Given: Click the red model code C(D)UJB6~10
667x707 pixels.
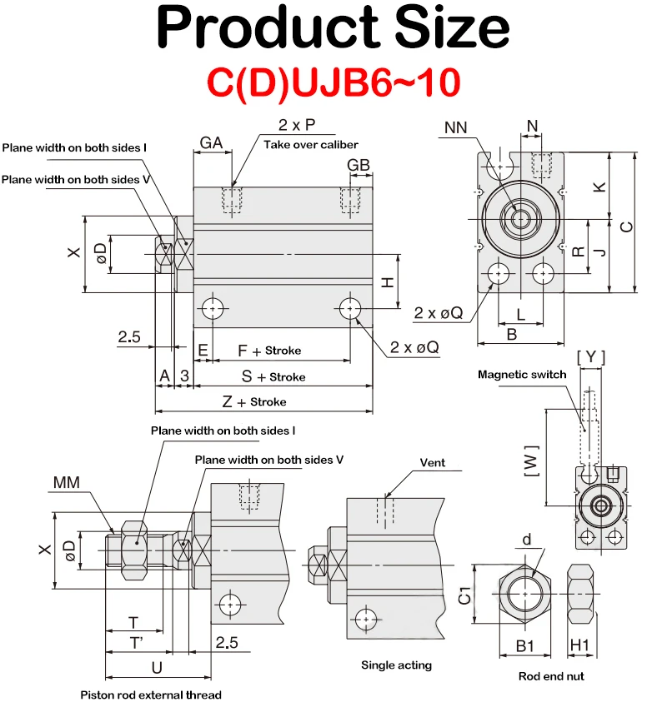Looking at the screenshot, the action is click(333, 82).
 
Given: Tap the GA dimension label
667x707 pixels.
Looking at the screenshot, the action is click(211, 143).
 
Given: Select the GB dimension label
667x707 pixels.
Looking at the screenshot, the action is click(359, 165).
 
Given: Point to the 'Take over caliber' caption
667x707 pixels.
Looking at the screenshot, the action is click(311, 145).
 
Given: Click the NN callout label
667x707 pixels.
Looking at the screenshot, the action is click(455, 127).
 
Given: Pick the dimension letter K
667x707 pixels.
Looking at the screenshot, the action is click(599, 187).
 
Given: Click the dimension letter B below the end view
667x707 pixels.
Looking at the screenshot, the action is click(512, 335).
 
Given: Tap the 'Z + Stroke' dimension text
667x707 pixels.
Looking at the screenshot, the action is click(254, 401).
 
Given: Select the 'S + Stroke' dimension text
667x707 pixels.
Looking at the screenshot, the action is click(273, 376).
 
